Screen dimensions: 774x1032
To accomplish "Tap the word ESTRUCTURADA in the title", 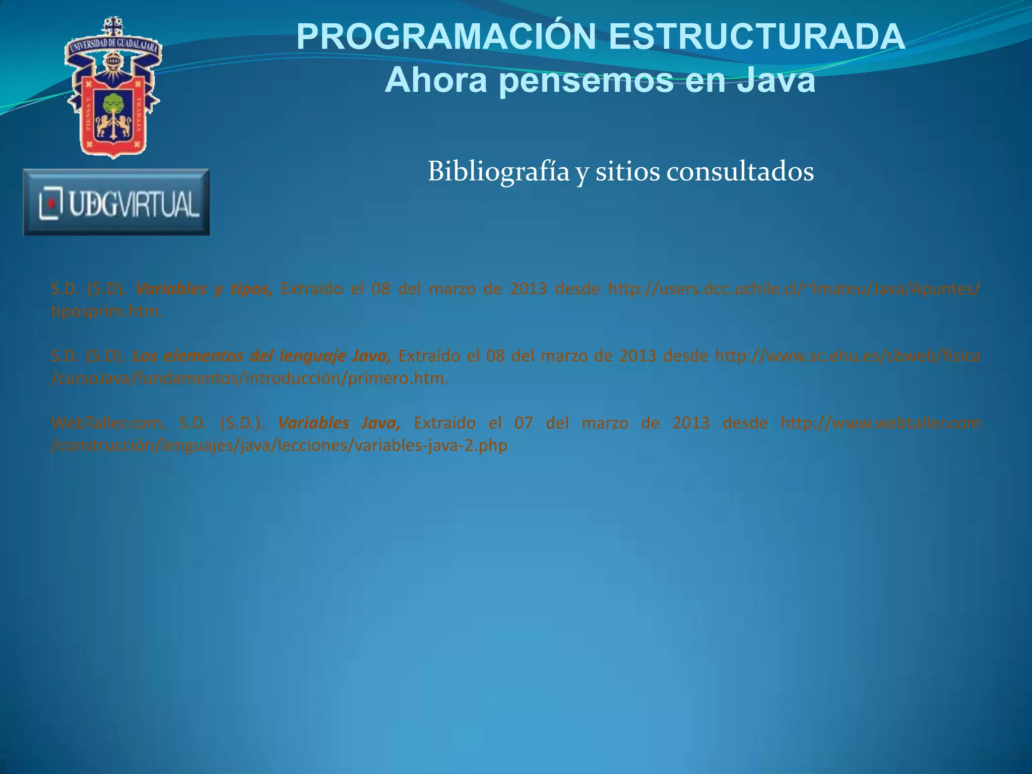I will [x=757, y=38].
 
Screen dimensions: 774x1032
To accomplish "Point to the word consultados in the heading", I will [x=740, y=172].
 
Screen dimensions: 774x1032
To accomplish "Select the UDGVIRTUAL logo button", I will [x=116, y=202].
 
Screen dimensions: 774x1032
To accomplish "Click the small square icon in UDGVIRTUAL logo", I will [x=51, y=203].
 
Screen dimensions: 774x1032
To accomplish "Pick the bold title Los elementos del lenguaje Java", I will [x=262, y=356].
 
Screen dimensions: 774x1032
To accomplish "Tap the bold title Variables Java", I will [x=339, y=423].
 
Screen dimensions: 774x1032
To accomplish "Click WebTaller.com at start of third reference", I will [x=108, y=423].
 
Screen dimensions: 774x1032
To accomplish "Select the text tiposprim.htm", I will [x=106, y=311].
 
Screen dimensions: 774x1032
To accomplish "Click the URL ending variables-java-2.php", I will [x=279, y=445].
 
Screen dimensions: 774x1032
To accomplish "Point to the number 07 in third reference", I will [x=523, y=423].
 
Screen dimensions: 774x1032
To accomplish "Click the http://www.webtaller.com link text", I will [x=880, y=423].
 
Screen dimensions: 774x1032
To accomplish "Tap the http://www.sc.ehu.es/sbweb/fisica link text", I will [x=847, y=356].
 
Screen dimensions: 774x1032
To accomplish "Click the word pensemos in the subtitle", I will [x=587, y=81].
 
